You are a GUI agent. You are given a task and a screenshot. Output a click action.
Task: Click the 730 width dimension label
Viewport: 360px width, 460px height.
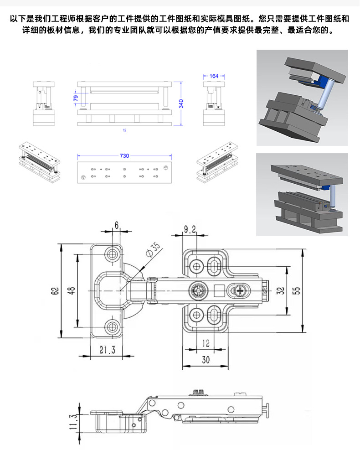(124, 156)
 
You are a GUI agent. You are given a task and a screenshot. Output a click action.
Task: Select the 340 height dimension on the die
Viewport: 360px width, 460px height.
(181, 103)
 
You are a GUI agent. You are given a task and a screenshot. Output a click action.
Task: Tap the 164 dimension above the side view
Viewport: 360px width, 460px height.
(214, 76)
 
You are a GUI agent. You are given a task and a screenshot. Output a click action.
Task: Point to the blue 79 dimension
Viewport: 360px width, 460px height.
(76, 98)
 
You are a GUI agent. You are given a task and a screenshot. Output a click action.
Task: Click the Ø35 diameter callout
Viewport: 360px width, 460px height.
(153, 249)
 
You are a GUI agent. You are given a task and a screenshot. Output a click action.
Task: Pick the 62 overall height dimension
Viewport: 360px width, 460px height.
(55, 291)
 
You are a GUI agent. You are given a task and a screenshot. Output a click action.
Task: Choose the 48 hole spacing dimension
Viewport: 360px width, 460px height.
(71, 290)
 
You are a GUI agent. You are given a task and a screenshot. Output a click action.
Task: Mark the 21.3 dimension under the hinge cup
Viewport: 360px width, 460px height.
(107, 350)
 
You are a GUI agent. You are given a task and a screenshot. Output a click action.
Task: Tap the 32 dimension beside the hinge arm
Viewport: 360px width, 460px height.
(280, 291)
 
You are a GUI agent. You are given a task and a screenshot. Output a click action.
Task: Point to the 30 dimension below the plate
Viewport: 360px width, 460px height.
(206, 360)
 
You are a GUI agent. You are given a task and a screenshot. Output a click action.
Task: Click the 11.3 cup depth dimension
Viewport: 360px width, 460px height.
(73, 422)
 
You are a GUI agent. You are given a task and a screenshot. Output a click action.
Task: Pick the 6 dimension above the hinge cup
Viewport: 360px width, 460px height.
(117, 225)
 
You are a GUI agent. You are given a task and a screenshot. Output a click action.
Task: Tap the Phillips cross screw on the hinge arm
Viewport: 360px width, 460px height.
(240, 291)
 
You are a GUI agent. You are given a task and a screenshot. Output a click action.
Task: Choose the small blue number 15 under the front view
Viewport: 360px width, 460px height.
(124, 130)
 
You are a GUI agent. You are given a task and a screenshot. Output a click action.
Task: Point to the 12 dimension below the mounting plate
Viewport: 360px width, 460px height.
(206, 343)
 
